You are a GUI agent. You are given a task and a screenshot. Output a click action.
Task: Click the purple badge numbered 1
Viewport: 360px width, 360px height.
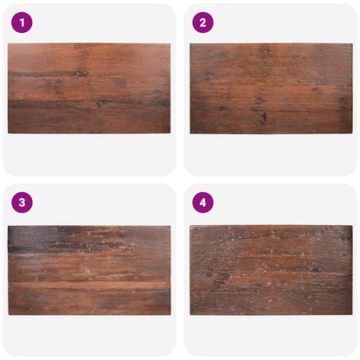(x=22, y=22)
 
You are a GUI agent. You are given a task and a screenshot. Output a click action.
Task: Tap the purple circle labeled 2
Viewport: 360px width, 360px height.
(x=202, y=22)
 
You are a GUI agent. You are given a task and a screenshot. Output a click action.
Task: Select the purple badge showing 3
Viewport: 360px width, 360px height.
(x=22, y=202)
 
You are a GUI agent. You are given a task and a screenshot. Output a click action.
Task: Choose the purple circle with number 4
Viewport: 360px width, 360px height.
(x=202, y=202)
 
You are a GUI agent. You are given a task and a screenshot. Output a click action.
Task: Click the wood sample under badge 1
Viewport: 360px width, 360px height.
(x=89, y=88)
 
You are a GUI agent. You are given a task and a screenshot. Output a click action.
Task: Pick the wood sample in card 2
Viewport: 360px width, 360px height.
(x=271, y=88)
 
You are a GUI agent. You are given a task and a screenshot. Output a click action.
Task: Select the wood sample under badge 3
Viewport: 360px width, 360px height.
(x=89, y=270)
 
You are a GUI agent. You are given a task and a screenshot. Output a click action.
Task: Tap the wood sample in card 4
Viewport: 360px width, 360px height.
(x=271, y=270)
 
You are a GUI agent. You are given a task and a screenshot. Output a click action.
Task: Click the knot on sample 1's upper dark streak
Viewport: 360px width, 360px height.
(x=81, y=74)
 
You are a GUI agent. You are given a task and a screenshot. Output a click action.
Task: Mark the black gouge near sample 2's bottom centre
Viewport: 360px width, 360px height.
(x=262, y=118)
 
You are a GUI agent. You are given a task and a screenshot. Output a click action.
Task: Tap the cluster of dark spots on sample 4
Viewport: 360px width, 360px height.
(x=220, y=279)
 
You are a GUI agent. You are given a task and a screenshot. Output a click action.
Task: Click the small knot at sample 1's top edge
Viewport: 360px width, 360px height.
(x=77, y=46)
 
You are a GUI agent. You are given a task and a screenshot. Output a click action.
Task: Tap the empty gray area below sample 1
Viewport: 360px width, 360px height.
(x=89, y=153)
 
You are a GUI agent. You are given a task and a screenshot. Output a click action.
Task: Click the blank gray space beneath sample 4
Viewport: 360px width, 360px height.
(x=271, y=335)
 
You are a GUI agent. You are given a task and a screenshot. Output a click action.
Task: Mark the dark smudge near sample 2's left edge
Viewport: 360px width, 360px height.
(x=209, y=75)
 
